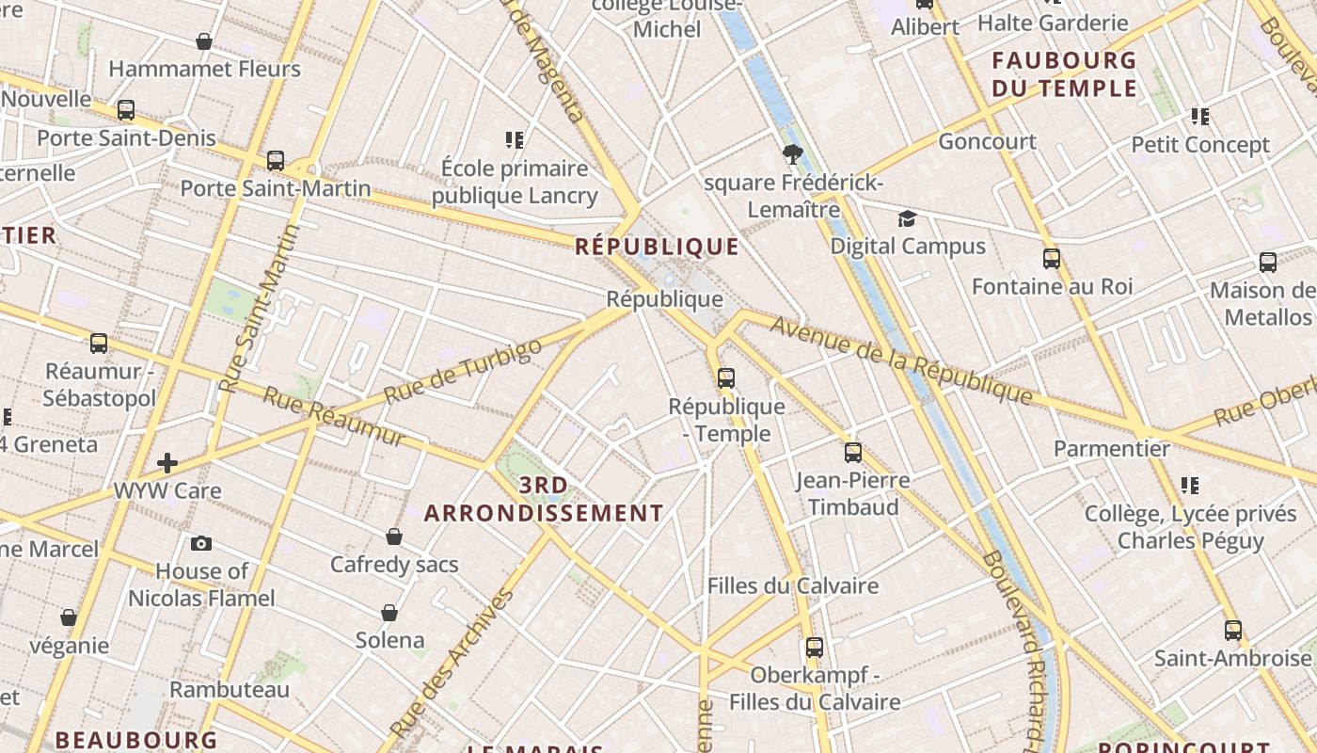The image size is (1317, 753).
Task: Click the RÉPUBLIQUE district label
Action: (x=657, y=247)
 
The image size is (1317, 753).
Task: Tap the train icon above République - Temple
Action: (x=726, y=378)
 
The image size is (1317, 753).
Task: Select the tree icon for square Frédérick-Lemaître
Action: (x=792, y=154)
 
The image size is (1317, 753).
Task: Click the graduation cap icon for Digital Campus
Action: (x=907, y=219)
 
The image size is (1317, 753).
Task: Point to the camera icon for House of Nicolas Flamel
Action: (x=201, y=543)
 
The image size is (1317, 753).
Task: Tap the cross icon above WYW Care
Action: (x=167, y=462)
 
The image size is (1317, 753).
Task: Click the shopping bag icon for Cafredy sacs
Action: (x=394, y=537)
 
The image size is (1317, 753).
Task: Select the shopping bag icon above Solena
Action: (x=389, y=613)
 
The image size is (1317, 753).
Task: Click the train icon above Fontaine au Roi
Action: (x=1052, y=258)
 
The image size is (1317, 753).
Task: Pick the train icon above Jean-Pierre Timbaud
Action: (x=853, y=453)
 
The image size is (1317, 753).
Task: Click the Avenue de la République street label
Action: (x=901, y=360)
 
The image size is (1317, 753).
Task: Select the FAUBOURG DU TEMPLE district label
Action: (x=1065, y=74)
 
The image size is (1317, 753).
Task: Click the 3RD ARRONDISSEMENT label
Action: (x=544, y=500)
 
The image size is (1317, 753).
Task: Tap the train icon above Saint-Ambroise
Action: (x=1233, y=630)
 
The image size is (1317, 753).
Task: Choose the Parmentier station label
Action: (x=1112, y=448)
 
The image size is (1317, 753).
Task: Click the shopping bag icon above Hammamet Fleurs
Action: (x=204, y=41)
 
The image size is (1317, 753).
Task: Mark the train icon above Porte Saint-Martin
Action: (x=276, y=160)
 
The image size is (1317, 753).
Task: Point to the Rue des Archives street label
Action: (x=454, y=661)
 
